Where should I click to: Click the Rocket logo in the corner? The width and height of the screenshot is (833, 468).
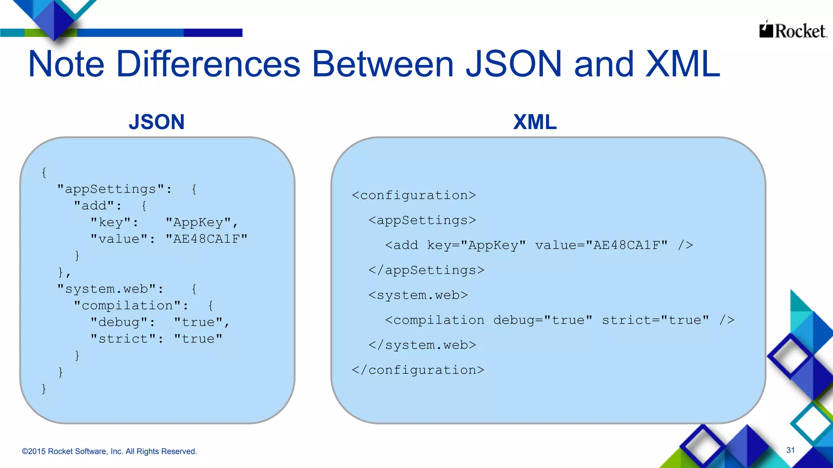(x=793, y=30)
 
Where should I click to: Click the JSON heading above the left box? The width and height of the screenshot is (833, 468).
(x=157, y=122)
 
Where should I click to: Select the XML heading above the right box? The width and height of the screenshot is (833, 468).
(x=534, y=122)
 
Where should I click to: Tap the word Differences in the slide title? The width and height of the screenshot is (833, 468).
(x=208, y=64)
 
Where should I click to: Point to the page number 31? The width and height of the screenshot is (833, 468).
(x=790, y=450)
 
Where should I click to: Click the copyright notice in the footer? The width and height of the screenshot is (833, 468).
(x=109, y=451)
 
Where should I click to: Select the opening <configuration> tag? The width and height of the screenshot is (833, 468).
(x=414, y=195)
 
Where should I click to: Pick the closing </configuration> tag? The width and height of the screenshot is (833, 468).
(x=418, y=370)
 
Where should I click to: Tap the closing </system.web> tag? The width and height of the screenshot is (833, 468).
(x=422, y=345)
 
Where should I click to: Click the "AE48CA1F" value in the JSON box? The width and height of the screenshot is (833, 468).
(x=207, y=239)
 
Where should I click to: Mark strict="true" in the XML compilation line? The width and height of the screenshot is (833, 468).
(x=656, y=320)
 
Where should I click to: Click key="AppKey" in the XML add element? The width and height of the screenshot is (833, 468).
(x=476, y=245)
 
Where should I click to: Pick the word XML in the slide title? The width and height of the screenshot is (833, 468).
(x=683, y=64)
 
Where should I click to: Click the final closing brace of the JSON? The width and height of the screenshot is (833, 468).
(x=44, y=389)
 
